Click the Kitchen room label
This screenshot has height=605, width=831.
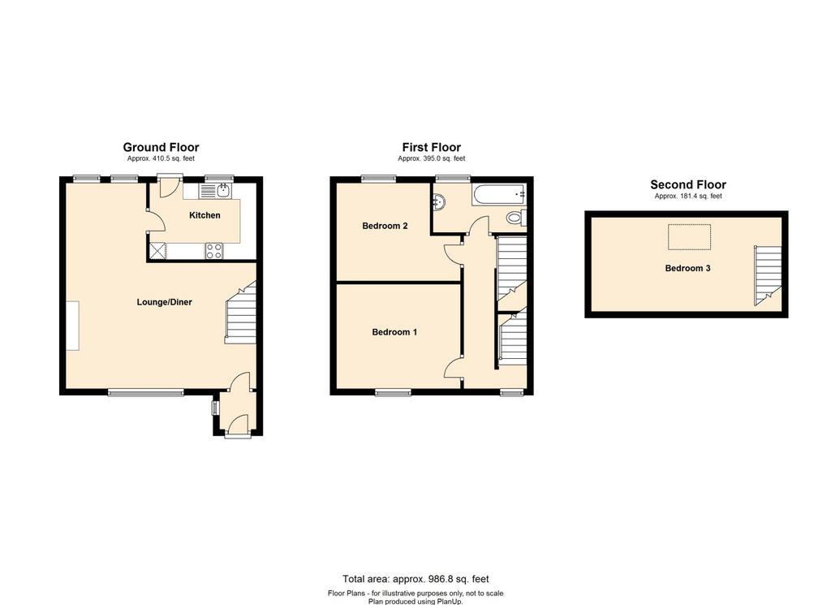click(x=205, y=215)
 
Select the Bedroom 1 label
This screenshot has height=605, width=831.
click(x=394, y=331)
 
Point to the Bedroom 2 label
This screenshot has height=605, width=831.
click(x=385, y=226)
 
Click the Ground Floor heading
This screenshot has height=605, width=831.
click(x=161, y=147)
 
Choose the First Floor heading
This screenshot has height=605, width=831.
click(x=432, y=147)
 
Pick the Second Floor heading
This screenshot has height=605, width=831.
click(x=688, y=185)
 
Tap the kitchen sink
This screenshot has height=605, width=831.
click(x=219, y=191)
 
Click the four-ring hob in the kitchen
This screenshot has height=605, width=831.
click(x=215, y=251)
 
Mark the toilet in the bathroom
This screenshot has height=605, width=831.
click(x=515, y=217)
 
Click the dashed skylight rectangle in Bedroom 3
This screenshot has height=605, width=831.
click(x=689, y=237)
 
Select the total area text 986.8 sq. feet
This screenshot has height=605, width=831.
click(x=415, y=579)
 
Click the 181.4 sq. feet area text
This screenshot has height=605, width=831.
click(x=688, y=197)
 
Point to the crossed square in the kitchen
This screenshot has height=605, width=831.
click(x=157, y=251)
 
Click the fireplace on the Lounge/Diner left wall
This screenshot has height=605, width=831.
click(x=73, y=325)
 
